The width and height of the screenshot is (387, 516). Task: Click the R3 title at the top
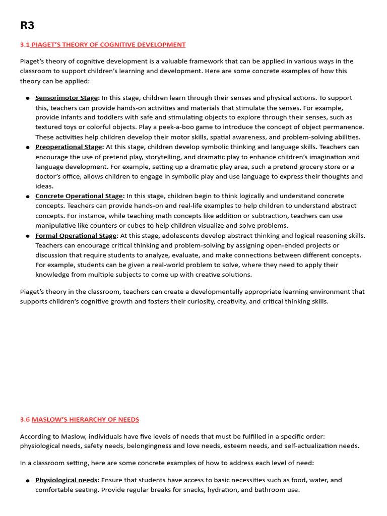point(27,26)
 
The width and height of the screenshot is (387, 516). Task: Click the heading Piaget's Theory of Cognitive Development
point(108,45)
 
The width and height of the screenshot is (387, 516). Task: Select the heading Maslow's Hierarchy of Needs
point(85,420)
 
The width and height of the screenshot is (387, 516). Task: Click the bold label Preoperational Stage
point(69,147)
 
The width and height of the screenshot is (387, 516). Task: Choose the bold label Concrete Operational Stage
point(79,196)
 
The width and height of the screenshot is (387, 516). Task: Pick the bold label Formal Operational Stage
point(76,235)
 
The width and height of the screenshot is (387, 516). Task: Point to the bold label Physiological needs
point(66,480)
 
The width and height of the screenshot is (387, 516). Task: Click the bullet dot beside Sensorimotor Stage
point(28,98)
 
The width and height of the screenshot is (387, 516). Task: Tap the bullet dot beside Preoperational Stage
point(28,148)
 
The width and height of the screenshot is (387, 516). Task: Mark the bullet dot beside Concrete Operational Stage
point(28,197)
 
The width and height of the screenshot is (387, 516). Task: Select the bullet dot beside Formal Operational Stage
point(28,236)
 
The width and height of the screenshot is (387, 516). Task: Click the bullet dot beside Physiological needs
point(28,481)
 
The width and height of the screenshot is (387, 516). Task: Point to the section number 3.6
point(25,420)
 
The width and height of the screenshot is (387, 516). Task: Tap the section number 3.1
point(25,45)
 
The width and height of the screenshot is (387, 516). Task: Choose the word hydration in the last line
point(212,490)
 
